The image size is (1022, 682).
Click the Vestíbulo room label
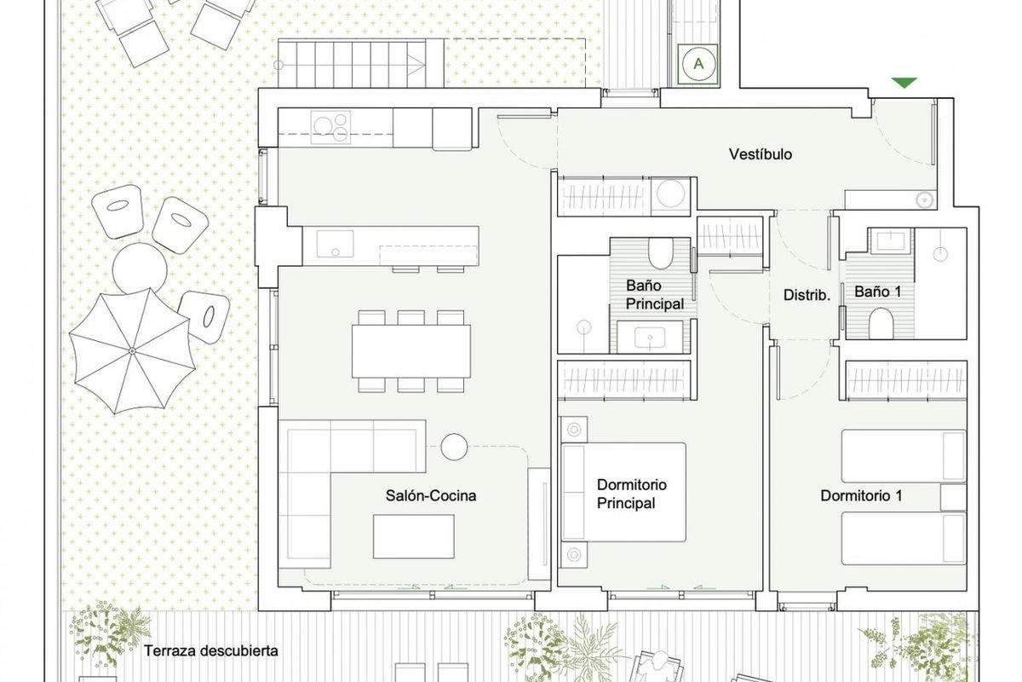pos(760,154)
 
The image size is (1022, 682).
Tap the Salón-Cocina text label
pos(431,495)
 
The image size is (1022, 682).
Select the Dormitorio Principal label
pos(631,494)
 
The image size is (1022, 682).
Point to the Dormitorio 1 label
pos(861,495)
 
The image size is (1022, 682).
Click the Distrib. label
pos(807,295)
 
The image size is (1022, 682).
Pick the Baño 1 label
pos(878,292)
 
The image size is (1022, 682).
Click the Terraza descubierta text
pos(211,650)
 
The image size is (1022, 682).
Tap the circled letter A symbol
pos(698,64)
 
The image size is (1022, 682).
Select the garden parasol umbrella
pos(132,351)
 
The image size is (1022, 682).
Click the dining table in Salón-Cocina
pos(411,351)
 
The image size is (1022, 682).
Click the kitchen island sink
pos(336,244)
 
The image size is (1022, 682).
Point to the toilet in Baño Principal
pos(661,254)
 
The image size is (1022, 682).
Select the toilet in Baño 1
pos(881,323)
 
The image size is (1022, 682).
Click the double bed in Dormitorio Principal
pos(623,492)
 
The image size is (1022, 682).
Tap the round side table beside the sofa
pos(454,447)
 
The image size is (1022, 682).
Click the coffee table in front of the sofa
pos(413,536)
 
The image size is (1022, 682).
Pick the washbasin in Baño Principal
pos(650,337)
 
